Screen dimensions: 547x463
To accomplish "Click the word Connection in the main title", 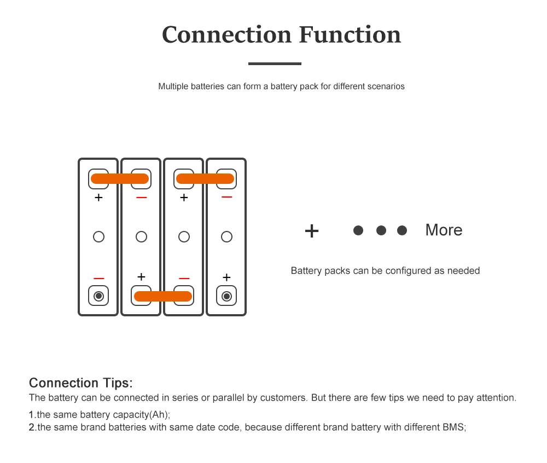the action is coord(226,34).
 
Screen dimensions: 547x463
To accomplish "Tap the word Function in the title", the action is coord(350,34).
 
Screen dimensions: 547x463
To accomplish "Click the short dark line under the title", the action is coord(275,63).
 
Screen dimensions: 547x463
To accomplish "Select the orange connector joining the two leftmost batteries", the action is coord(120,178).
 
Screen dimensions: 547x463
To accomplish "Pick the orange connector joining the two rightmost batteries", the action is coord(205,178).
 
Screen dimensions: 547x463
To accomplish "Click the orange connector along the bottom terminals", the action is coord(163,296).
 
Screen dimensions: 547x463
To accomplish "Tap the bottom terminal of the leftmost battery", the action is coord(98,296).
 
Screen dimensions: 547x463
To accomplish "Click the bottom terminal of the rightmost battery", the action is coord(226,296).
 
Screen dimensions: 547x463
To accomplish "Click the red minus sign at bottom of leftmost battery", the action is coord(98,279).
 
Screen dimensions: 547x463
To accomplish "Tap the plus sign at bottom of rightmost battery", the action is coord(226,277).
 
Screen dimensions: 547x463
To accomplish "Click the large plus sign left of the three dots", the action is coord(312,230).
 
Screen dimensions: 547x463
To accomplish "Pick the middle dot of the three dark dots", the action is coord(381,230).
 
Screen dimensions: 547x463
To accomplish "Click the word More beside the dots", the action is coord(444,230).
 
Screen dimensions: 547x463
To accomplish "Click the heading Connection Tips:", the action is coord(80,383).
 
